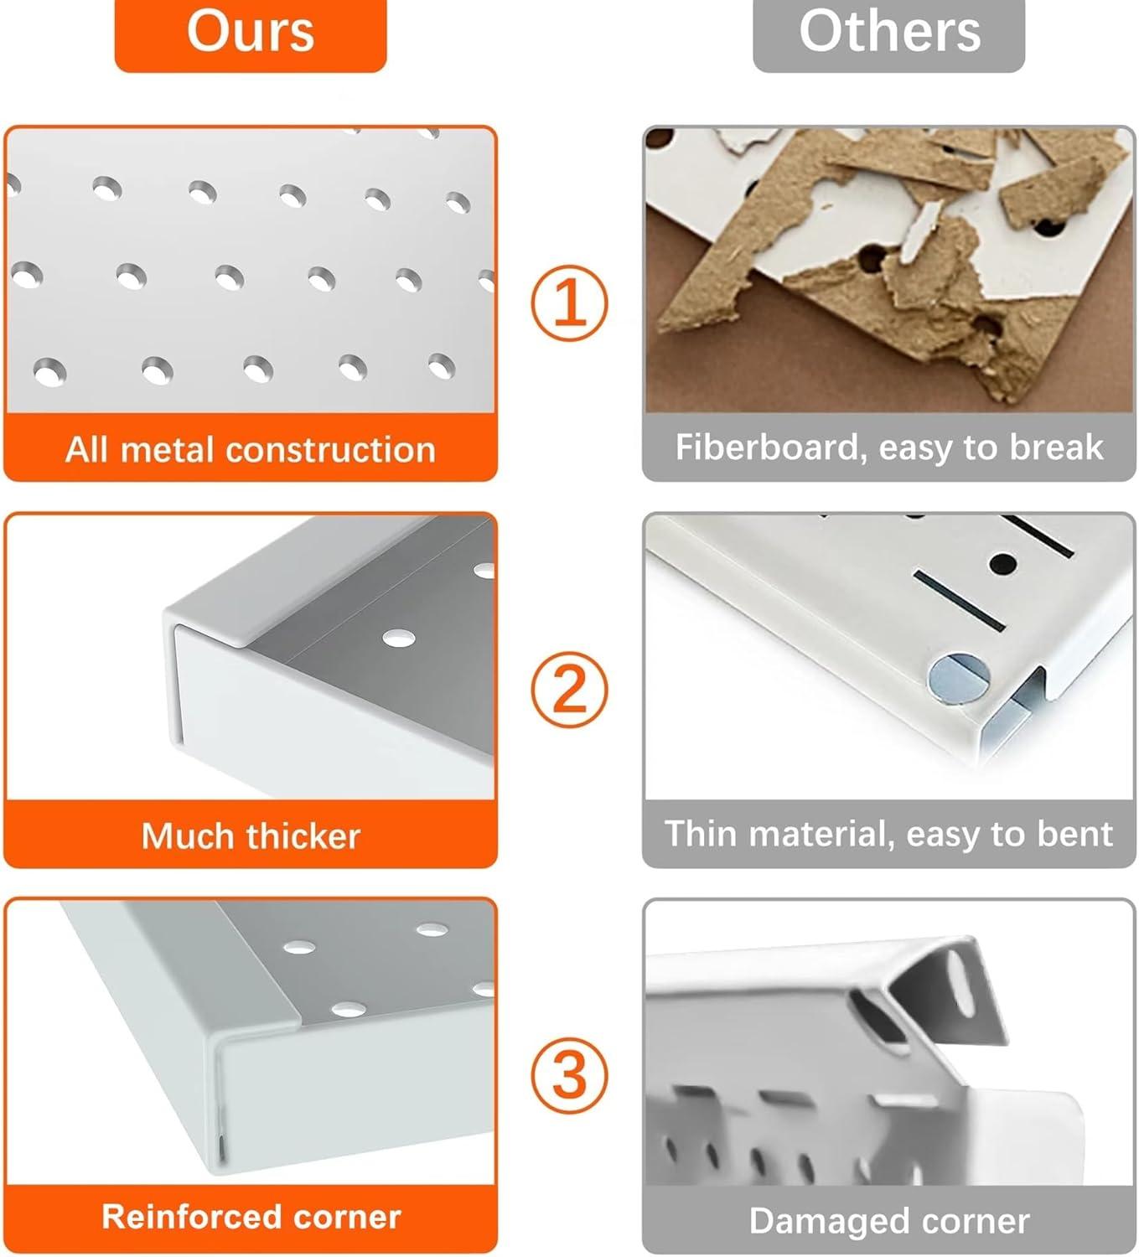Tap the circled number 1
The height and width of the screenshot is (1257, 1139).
pos(569,303)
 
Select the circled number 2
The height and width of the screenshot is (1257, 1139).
pos(569,690)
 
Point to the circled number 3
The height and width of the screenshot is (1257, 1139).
pos(569,1075)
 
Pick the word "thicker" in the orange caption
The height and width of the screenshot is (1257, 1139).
pos(303,836)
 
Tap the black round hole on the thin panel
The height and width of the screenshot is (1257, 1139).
pos(1003,563)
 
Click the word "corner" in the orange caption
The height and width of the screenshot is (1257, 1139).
pos(347,1217)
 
